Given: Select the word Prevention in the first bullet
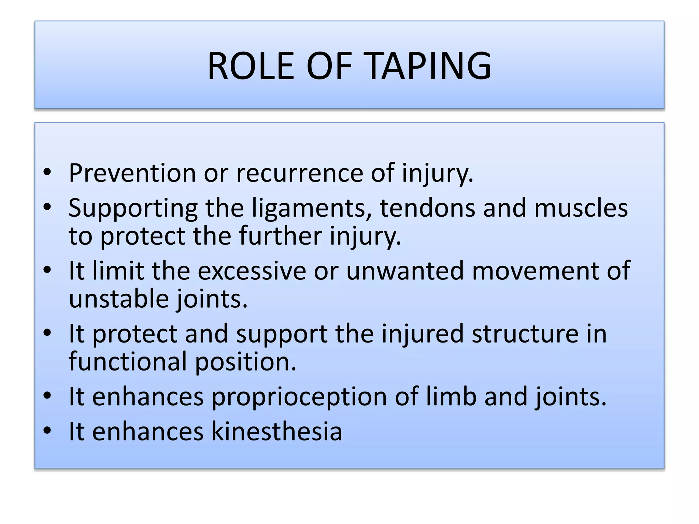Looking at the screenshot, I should click(132, 173).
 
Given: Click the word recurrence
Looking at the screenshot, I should click(299, 173).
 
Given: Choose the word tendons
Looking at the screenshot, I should click(427, 208).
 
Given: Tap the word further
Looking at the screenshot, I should click(280, 236).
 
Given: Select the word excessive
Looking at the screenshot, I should click(252, 271).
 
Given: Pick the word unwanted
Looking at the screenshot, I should click(405, 271).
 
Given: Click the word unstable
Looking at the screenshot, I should click(119, 299).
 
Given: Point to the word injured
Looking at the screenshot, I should click(422, 334).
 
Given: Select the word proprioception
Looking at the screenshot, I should click(299, 397).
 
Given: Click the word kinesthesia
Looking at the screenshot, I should click(276, 432).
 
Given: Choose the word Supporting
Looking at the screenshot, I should click(133, 208).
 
